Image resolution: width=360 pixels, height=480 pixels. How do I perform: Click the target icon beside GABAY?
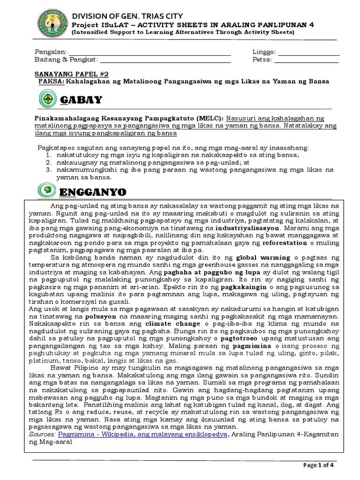click(46, 100)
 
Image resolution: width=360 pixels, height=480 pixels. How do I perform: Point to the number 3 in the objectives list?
click(48, 169)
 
